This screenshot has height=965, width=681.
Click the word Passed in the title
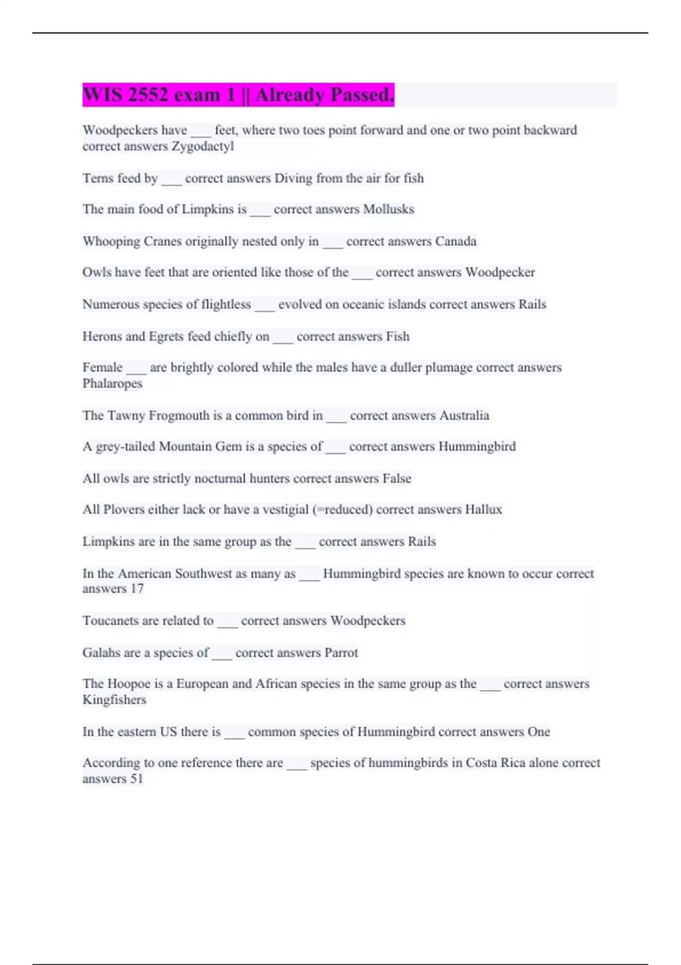[362, 95]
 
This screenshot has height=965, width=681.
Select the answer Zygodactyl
[203, 146]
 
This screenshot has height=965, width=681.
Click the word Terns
[98, 178]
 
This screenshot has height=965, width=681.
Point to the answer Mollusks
[389, 209]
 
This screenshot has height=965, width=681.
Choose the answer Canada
[456, 241]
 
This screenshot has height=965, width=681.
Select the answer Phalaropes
[112, 384]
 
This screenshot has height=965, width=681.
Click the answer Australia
[464, 416]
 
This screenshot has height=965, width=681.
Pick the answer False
[397, 479]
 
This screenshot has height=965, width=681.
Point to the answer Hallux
[484, 510]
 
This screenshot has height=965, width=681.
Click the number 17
[137, 589]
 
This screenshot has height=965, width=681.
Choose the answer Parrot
[341, 653]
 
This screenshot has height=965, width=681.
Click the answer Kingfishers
[114, 700]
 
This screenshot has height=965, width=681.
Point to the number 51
[137, 779]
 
